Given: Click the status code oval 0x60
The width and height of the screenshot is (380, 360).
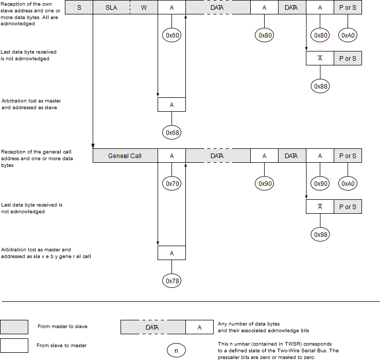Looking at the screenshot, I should pyautogui.click(x=171, y=36).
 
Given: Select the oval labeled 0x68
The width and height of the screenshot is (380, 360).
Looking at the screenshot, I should pyautogui.click(x=171, y=132).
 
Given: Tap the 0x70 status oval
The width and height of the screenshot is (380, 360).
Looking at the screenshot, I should pyautogui.click(x=171, y=183).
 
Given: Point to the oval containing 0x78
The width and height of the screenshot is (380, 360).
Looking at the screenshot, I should pyautogui.click(x=171, y=281).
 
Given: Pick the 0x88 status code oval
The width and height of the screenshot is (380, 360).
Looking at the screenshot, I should pyautogui.click(x=320, y=87).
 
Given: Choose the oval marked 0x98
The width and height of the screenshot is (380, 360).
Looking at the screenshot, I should pyautogui.click(x=320, y=235).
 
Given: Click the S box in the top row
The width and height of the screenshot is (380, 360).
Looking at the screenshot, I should pyautogui.click(x=79, y=8).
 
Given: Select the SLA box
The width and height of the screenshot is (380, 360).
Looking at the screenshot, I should pyautogui.click(x=111, y=8).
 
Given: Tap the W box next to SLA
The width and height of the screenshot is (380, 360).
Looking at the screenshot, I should pyautogui.click(x=144, y=8).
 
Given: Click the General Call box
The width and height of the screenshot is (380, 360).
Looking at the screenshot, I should pyautogui.click(x=125, y=156).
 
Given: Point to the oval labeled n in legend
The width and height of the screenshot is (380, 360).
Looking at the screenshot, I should pyautogui.click(x=176, y=351).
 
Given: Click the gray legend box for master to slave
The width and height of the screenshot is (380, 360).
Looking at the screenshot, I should pyautogui.click(x=14, y=327).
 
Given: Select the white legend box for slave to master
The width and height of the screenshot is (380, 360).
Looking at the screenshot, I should pyautogui.click(x=14, y=345).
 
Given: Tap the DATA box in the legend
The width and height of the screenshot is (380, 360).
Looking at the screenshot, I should pyautogui.click(x=153, y=327).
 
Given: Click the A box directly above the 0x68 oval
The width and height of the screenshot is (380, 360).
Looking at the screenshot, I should pyautogui.click(x=171, y=105).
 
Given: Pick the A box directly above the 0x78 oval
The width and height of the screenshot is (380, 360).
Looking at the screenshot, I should pyautogui.click(x=171, y=253).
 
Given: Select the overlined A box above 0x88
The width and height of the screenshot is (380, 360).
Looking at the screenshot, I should pyautogui.click(x=320, y=59).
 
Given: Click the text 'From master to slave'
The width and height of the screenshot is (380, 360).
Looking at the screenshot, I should pyautogui.click(x=62, y=327).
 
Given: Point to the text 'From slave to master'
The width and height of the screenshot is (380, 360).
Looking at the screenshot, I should pyautogui.click(x=62, y=345).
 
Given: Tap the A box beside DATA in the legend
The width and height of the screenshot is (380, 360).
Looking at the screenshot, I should pyautogui.click(x=199, y=327).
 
